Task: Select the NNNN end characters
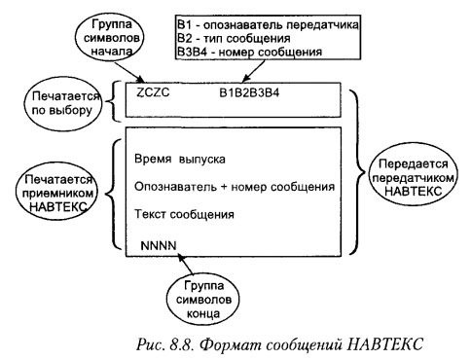160,241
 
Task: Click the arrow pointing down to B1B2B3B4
255,71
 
